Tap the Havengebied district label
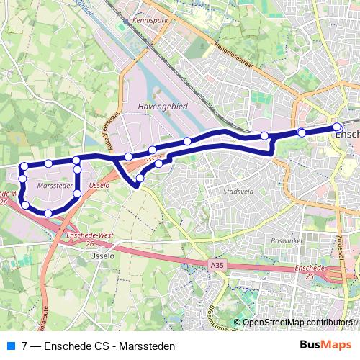tap(157, 106)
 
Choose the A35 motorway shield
tap(217, 266)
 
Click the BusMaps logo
tap(322, 346)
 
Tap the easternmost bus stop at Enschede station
tap(337, 127)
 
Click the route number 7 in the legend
tap(25, 346)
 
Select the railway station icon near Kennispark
tap(127, 22)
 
